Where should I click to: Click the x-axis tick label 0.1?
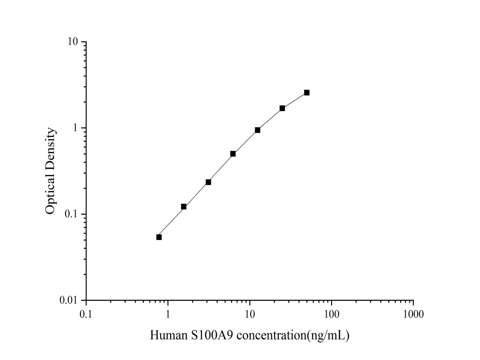86,314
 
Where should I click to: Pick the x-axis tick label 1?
168,314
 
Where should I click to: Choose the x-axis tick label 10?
250,314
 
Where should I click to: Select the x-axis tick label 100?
331,314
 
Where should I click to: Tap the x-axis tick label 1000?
413,314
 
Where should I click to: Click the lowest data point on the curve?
159,237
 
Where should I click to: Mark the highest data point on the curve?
307,93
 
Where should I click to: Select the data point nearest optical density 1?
257,130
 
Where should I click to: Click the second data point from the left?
184,207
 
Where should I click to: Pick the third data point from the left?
208,182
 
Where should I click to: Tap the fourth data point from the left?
233,154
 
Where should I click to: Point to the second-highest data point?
282,108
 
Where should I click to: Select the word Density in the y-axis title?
50,147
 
